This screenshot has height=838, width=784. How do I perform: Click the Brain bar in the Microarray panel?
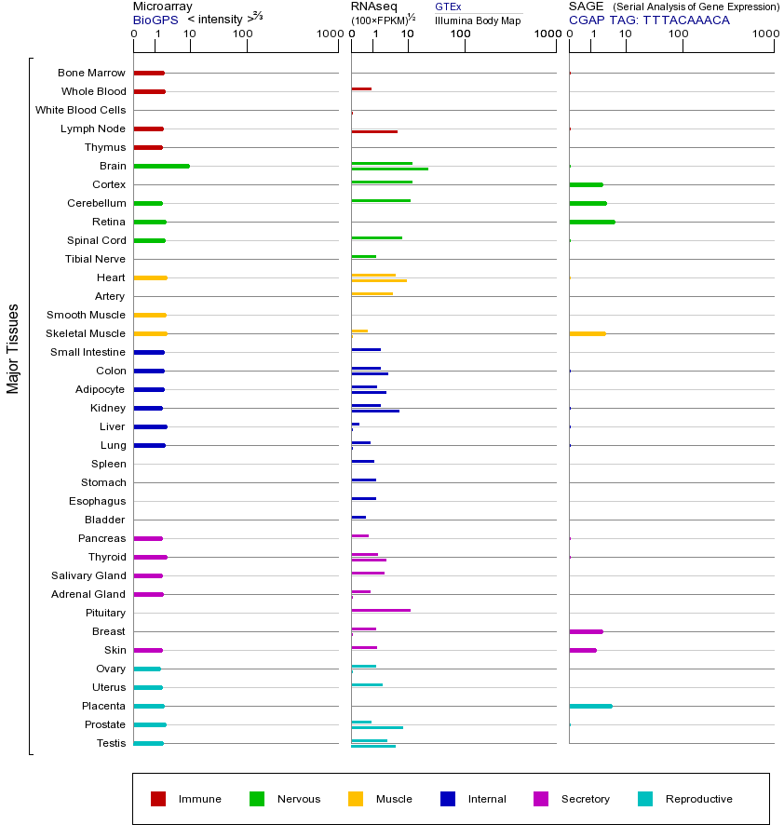(162, 166)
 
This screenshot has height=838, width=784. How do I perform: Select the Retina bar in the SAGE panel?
(592, 222)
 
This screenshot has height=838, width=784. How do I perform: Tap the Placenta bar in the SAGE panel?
(590, 706)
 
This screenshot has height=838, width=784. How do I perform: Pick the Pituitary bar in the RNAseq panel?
(381, 610)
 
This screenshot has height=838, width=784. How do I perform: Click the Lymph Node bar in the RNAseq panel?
(374, 131)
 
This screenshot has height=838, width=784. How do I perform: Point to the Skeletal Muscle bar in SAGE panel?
(588, 333)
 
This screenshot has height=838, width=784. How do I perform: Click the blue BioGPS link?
(155, 20)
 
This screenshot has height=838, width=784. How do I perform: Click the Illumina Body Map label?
(479, 20)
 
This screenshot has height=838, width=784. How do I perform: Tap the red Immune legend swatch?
(158, 799)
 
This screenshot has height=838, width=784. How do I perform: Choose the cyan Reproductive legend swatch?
(645, 799)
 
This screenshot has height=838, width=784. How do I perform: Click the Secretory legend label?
(586, 799)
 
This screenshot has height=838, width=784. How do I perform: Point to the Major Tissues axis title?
(13, 348)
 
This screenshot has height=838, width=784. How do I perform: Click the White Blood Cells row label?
(80, 110)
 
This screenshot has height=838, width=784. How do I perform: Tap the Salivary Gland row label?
(88, 575)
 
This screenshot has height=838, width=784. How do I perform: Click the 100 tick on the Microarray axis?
(243, 34)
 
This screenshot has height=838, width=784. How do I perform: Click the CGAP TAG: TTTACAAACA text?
(649, 20)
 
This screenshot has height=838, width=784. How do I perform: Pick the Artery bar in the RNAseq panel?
(372, 293)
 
